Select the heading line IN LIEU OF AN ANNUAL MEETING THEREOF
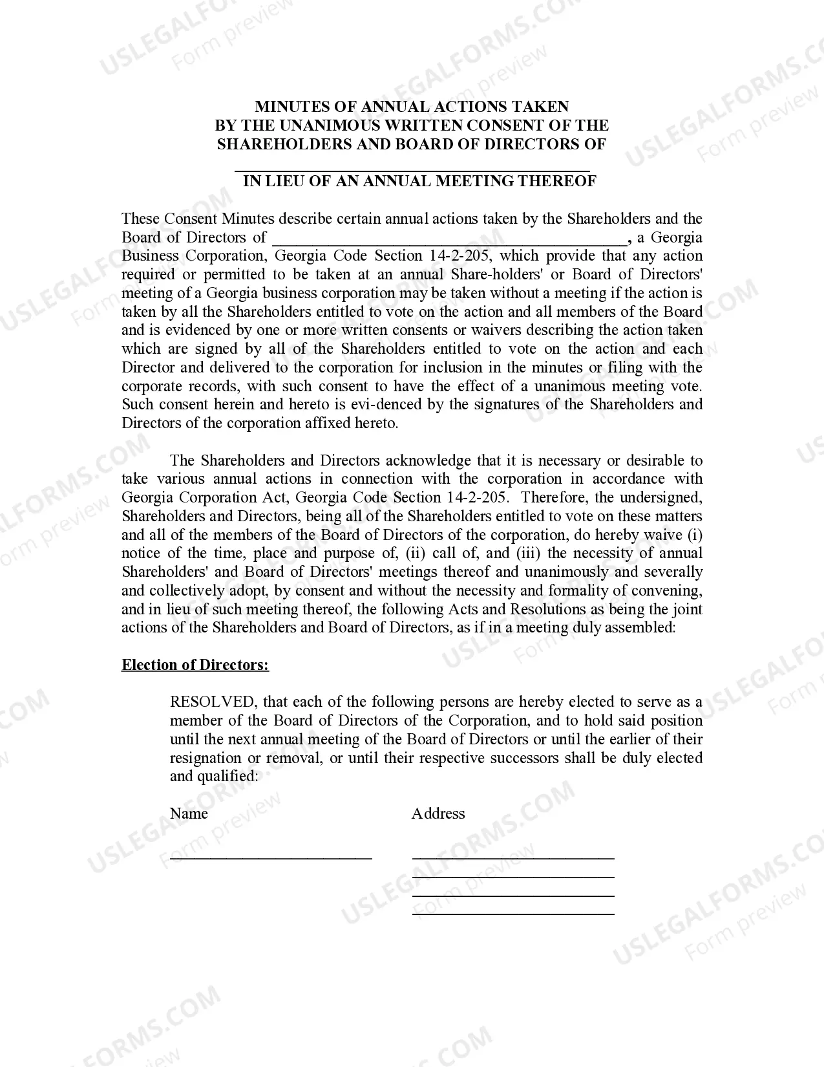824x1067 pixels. pos(419,181)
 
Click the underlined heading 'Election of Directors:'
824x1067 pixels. pos(195,665)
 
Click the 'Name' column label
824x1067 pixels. pos(189,814)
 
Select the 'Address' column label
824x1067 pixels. pos(438,814)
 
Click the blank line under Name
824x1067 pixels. pos(271,857)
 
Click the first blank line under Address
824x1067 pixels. pos(513,857)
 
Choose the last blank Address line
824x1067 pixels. pos(513,914)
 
